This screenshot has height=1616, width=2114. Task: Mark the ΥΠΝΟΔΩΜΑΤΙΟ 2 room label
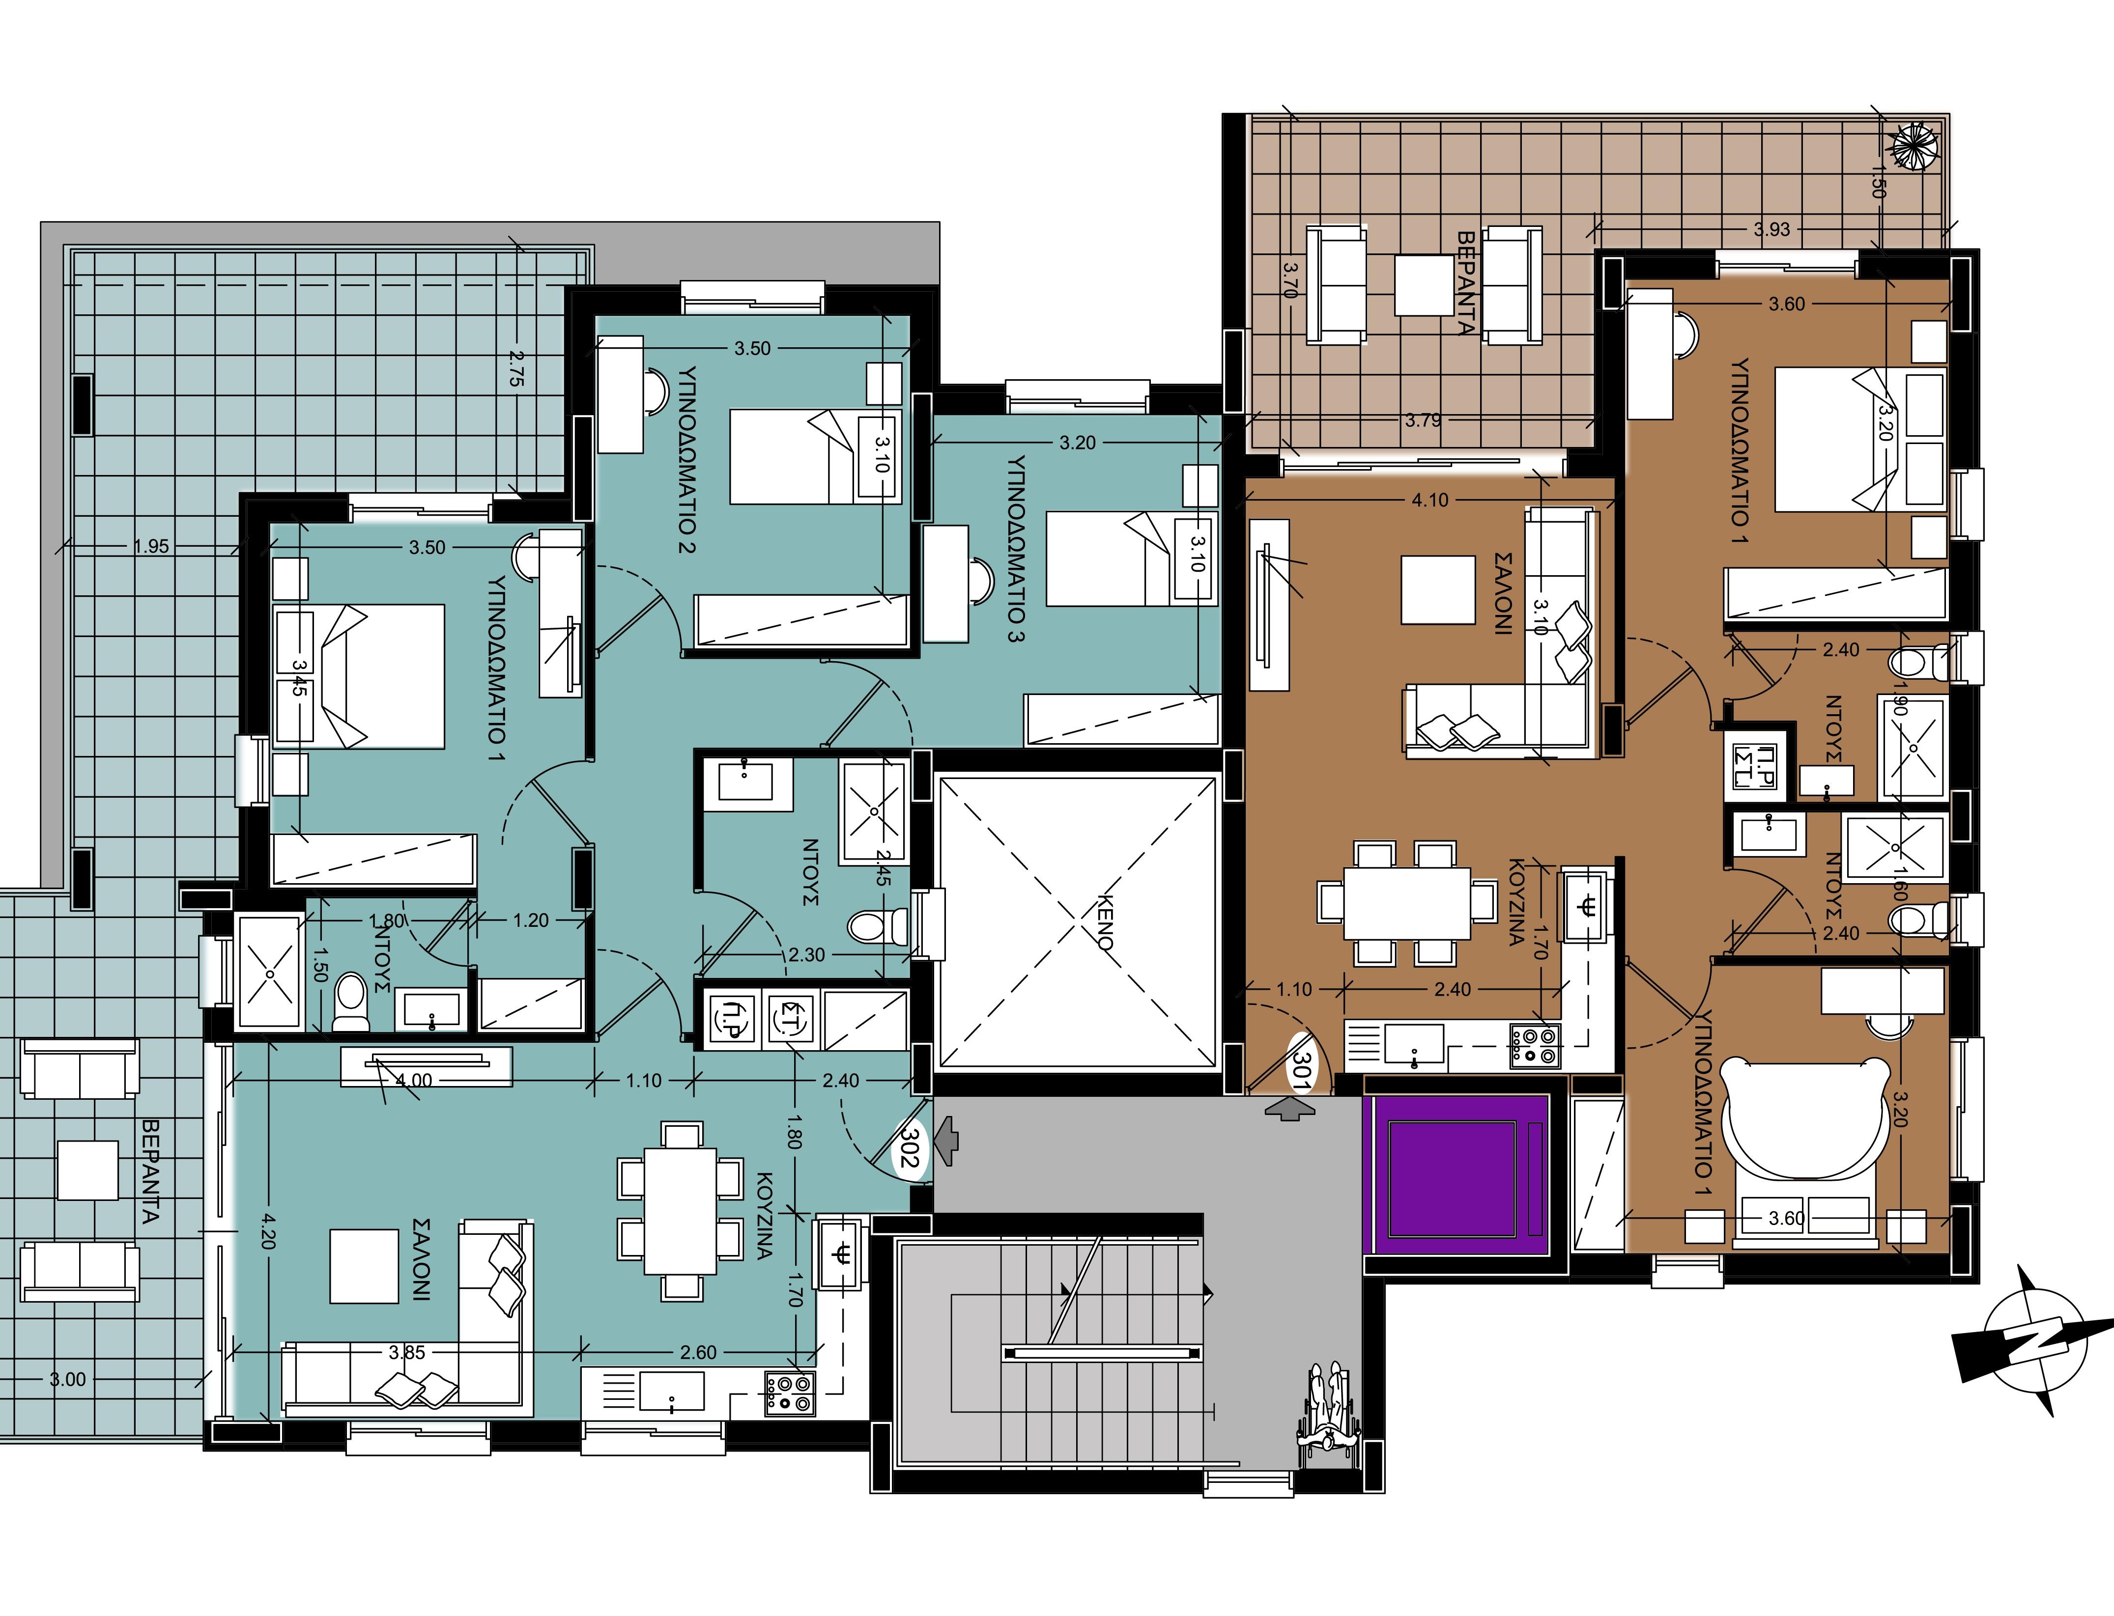point(686,459)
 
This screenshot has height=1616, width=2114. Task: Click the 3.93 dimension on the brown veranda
point(1771,229)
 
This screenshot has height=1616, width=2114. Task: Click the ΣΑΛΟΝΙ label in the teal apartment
point(422,1260)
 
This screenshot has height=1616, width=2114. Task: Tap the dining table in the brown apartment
point(1407,902)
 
